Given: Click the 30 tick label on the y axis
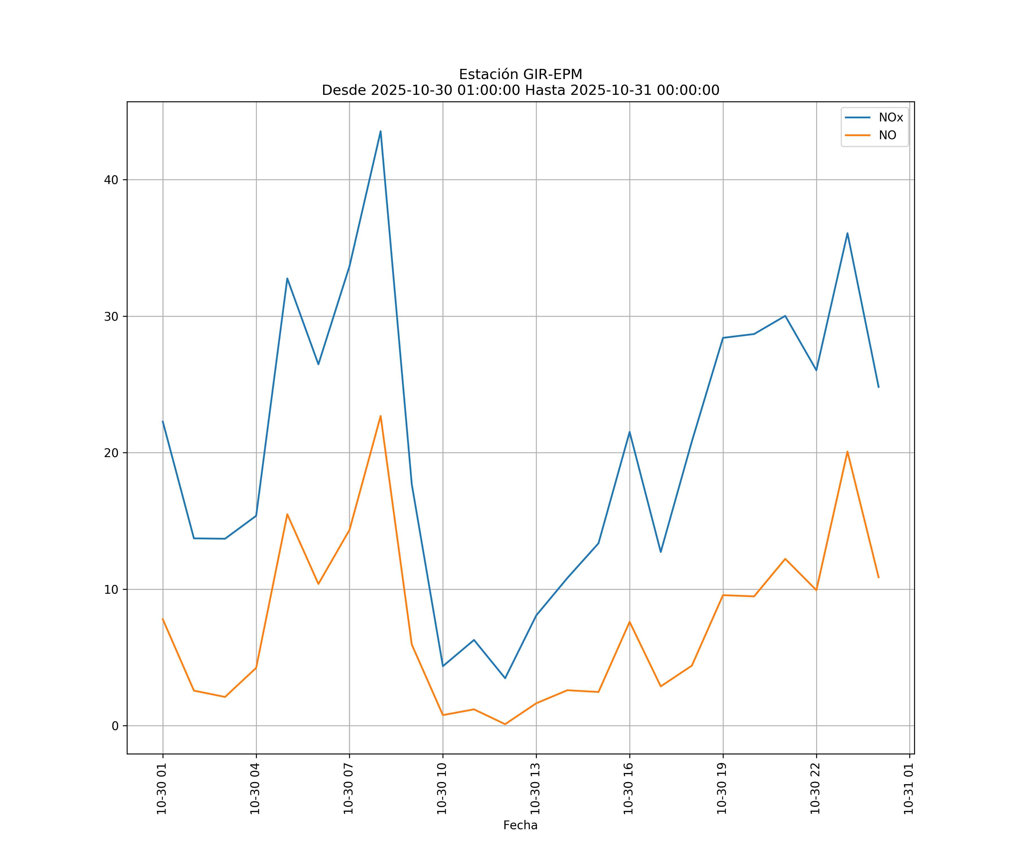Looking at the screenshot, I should click(111, 316).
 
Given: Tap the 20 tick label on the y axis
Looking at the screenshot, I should click(111, 453).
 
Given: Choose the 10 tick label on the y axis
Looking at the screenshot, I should click(111, 590).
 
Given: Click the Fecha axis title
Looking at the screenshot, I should click(520, 825).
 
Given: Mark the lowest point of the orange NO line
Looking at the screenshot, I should click(505, 724).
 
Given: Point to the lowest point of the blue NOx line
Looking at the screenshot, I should click(505, 678).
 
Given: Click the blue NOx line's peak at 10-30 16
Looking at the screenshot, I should click(629, 432).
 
